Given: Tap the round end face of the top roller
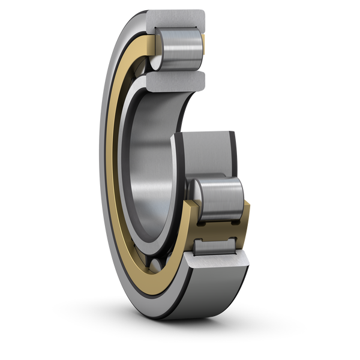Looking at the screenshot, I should [x=157, y=53].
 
